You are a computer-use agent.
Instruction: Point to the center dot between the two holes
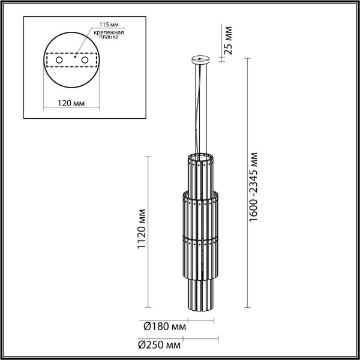click(x=72, y=61)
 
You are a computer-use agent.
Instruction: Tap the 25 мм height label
click(x=227, y=40)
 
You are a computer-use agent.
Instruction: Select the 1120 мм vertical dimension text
click(x=142, y=230)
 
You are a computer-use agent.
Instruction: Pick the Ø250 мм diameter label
click(x=159, y=345)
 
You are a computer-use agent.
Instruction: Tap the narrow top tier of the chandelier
click(x=199, y=174)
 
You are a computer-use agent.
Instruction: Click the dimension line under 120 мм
click(x=72, y=110)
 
